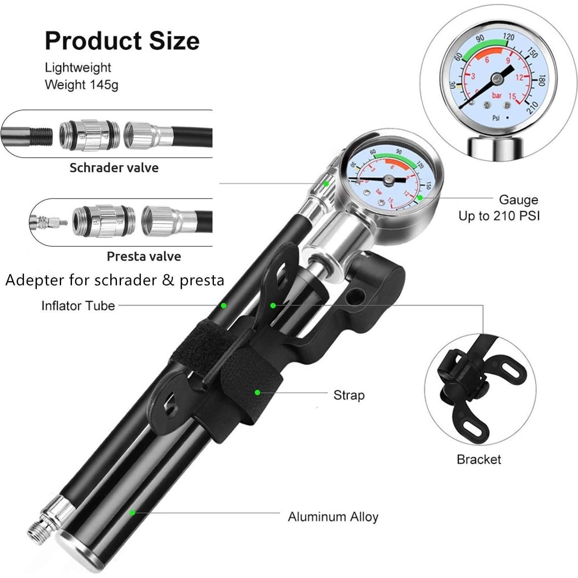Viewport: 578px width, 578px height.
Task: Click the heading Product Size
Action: point(122,41)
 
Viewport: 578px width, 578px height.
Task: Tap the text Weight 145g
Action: point(81,84)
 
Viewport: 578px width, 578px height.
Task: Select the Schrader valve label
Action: point(114,168)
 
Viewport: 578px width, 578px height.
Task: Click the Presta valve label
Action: point(144,257)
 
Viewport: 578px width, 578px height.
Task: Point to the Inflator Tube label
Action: point(78,305)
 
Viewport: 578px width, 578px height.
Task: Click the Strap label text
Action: point(349,395)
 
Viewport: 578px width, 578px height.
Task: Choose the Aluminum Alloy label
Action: point(333,517)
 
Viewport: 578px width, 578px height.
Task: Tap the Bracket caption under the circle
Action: point(478,459)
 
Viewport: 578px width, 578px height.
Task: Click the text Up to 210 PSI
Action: point(499,215)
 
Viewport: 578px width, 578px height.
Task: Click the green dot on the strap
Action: point(257,392)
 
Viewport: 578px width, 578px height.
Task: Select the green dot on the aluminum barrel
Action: point(133,512)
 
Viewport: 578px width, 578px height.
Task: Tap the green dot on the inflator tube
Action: point(223,305)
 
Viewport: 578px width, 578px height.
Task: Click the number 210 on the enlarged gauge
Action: point(533,106)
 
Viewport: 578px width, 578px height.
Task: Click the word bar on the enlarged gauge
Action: point(497,95)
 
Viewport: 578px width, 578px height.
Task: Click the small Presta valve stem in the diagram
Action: point(49,223)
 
